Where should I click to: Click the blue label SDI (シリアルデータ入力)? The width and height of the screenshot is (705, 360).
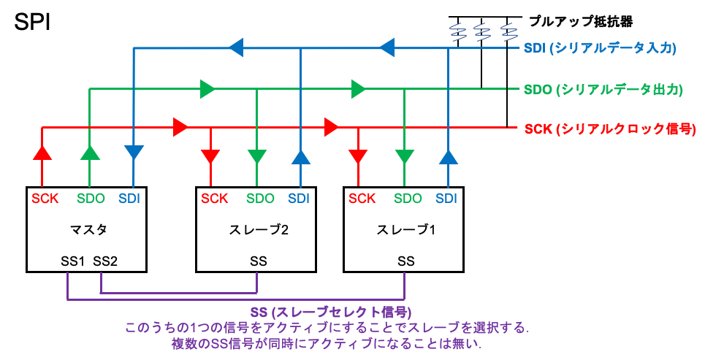[x=600, y=49]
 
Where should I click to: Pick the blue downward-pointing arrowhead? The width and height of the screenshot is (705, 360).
[x=134, y=152]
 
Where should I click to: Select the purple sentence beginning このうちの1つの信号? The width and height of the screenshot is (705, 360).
[x=327, y=327]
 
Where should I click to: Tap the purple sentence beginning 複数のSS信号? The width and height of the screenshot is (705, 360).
[x=327, y=343]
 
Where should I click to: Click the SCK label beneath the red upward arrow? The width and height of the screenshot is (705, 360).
[x=44, y=198]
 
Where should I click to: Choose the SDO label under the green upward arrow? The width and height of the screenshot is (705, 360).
[x=91, y=198]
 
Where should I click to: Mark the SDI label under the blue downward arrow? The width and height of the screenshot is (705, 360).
[x=130, y=198]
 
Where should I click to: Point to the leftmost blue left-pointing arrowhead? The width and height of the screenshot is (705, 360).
[x=236, y=49]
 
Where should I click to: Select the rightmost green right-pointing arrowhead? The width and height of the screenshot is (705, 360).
[x=358, y=89]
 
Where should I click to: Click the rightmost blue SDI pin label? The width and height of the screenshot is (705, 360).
[x=447, y=198]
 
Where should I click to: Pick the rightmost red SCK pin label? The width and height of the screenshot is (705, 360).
[x=362, y=198]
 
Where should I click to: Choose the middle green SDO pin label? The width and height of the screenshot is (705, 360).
[x=260, y=198]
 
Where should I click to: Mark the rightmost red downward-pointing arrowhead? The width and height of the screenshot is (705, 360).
[x=357, y=156]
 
